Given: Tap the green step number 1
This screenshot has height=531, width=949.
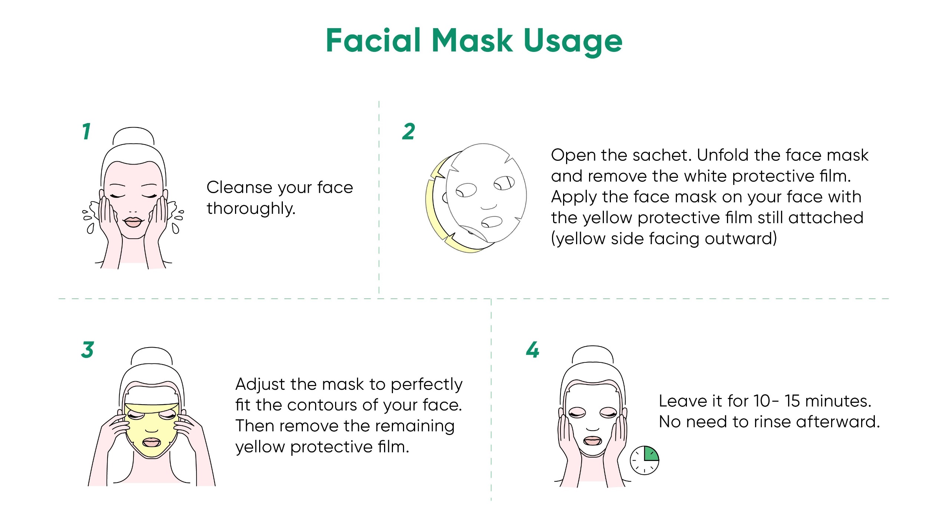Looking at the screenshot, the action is tap(86, 132).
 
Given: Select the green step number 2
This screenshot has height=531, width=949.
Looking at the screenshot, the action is tap(409, 132).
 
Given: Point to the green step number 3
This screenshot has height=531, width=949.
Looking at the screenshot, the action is tap(87, 350).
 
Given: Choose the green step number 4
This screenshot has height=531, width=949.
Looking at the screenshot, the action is tap(533, 350).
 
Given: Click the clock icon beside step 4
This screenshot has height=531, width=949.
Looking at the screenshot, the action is tap(645, 460).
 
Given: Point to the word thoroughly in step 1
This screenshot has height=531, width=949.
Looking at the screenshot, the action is tap(251, 209).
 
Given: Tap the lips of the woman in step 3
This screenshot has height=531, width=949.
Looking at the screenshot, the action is tap(151, 442).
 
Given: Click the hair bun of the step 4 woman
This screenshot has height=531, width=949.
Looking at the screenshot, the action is tap(593, 354).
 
